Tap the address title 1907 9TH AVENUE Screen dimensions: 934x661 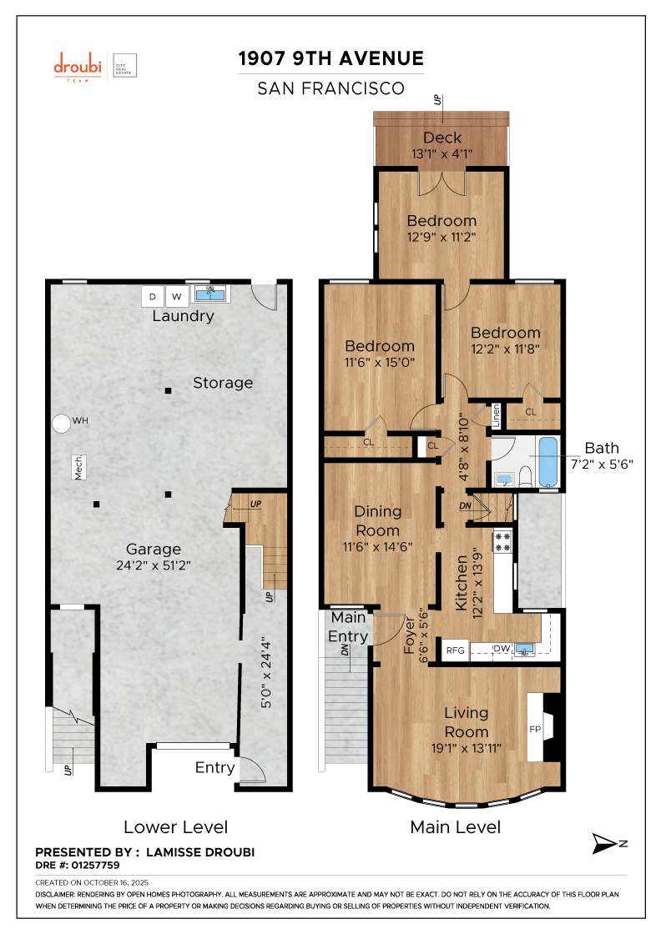[x=331, y=58]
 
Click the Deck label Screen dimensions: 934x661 [x=442, y=138]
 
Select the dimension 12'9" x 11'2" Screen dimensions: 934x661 [x=442, y=237]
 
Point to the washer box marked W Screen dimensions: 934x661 [x=177, y=296]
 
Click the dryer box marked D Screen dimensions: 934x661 [x=153, y=296]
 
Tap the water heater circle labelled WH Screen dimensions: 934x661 [x=61, y=423]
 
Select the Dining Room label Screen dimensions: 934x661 [x=377, y=520]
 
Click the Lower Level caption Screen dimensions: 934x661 [x=175, y=827]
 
